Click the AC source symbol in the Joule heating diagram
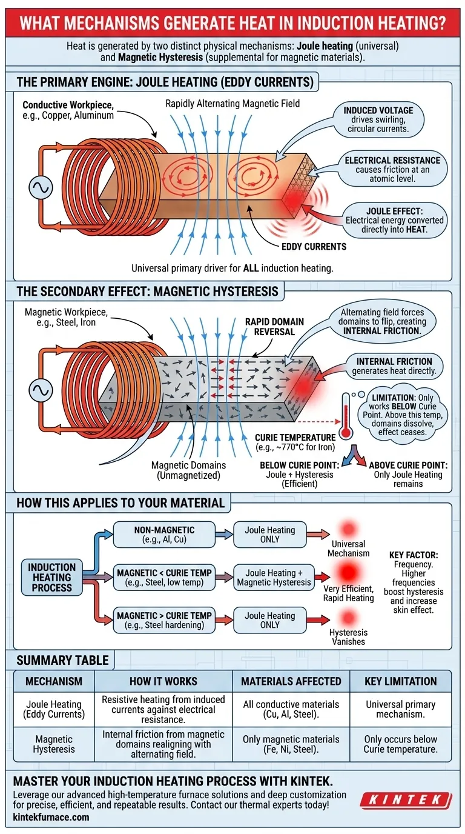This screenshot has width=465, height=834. pos(41,188)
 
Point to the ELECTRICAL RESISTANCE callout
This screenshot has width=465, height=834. pos(392,165)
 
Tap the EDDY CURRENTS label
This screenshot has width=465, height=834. pos(314,247)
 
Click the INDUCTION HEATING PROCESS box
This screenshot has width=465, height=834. pos(51,577)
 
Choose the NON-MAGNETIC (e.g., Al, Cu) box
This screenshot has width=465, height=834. pos(164,534)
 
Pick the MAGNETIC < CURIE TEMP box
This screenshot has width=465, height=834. pos(164,577)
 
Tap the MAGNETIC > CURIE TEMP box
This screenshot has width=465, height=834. pos(164,620)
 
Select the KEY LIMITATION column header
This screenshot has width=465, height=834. pos(400,681)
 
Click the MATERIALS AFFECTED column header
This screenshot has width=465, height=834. pos(291,681)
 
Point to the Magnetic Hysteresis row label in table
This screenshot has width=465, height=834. pos(54,744)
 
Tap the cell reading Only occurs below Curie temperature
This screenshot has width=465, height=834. pos(400,744)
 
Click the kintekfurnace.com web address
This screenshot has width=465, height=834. pos(51,817)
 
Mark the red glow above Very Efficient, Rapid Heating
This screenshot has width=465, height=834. pos(346,572)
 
